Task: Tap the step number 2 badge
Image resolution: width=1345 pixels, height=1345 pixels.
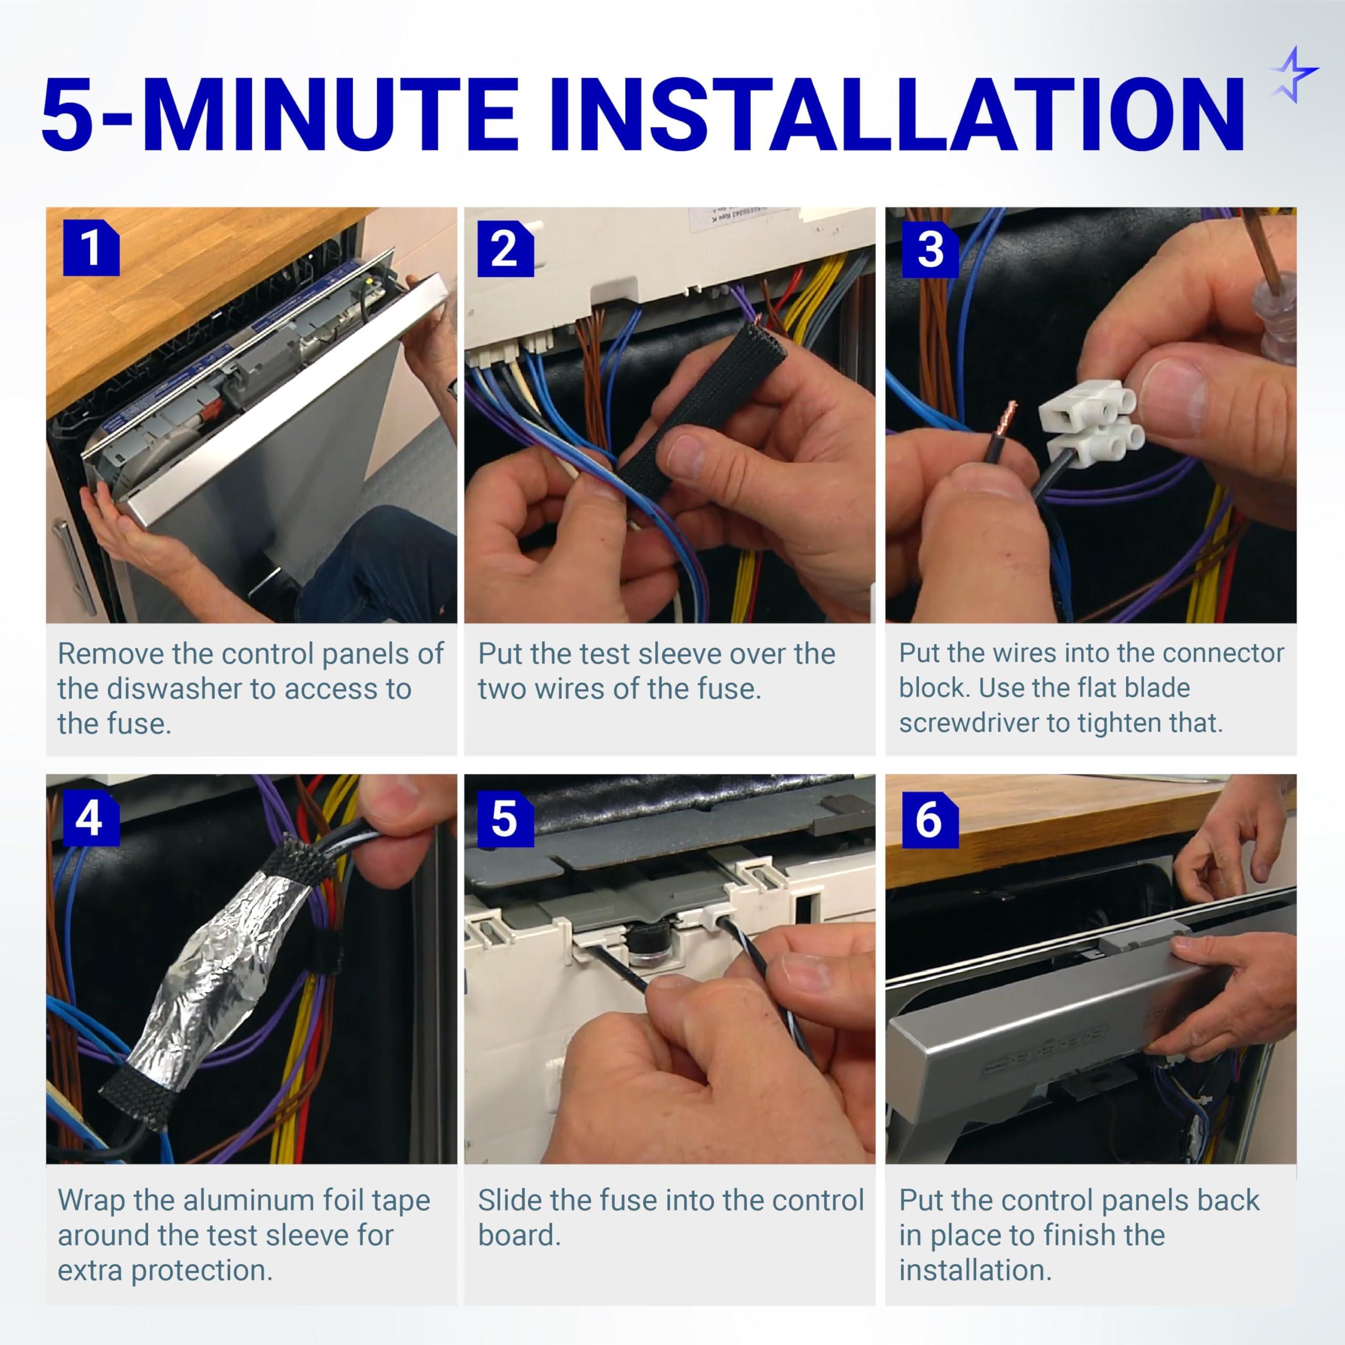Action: tap(505, 249)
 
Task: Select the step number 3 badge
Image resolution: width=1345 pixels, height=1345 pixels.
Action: tap(930, 249)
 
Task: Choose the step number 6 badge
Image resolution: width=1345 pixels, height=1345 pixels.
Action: tap(930, 820)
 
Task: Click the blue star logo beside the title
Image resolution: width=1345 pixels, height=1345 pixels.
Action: tap(1292, 75)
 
